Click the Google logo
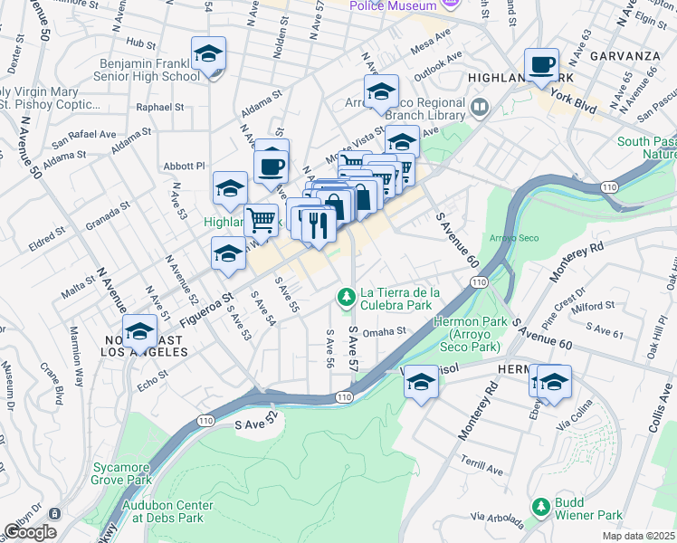coord(30,532)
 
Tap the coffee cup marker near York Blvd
coord(541,65)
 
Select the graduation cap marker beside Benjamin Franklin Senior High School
coord(208,55)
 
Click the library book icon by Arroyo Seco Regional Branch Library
coord(480,109)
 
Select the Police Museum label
coord(394,6)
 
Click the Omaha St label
coord(384,331)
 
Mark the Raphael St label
coord(159,107)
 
